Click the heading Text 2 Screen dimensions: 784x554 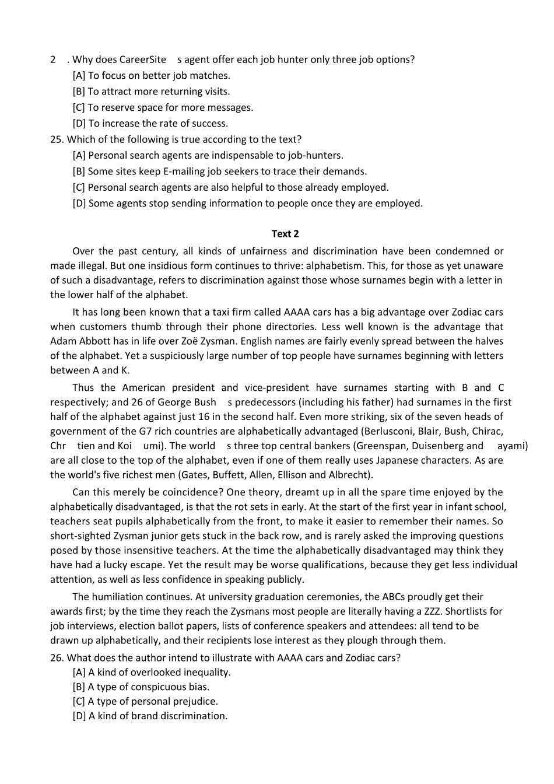click(285, 234)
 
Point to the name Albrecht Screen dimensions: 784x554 click(348, 475)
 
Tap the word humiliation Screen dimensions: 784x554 click(122, 597)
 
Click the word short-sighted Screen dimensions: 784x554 click(79, 536)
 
